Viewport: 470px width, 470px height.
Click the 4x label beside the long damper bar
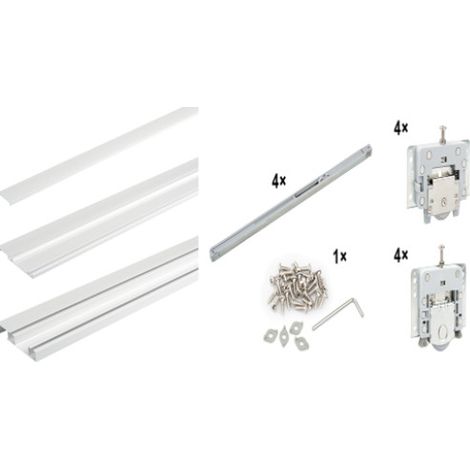click(279, 182)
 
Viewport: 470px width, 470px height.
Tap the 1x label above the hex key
click(339, 257)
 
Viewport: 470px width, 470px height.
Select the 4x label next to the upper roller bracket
click(400, 128)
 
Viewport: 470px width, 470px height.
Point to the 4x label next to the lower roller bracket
click(401, 256)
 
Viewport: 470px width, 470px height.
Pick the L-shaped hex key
click(338, 314)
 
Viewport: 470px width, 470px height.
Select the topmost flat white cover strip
click(99, 155)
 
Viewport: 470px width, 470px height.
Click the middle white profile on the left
click(99, 218)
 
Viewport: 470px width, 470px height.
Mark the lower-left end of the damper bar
click(212, 254)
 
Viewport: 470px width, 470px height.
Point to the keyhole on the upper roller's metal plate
click(443, 201)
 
